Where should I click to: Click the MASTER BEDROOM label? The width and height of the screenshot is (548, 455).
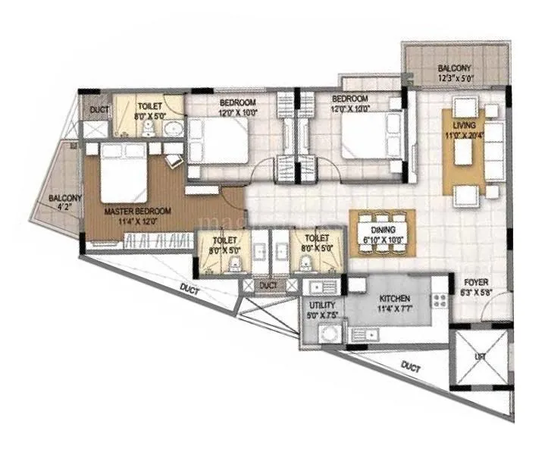tap(138, 211)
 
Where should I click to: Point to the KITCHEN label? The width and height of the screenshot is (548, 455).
tap(395, 299)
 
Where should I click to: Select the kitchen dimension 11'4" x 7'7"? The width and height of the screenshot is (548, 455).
tap(395, 309)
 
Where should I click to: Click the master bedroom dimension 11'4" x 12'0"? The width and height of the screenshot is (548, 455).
tap(138, 221)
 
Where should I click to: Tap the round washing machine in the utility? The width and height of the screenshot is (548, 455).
tap(329, 334)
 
